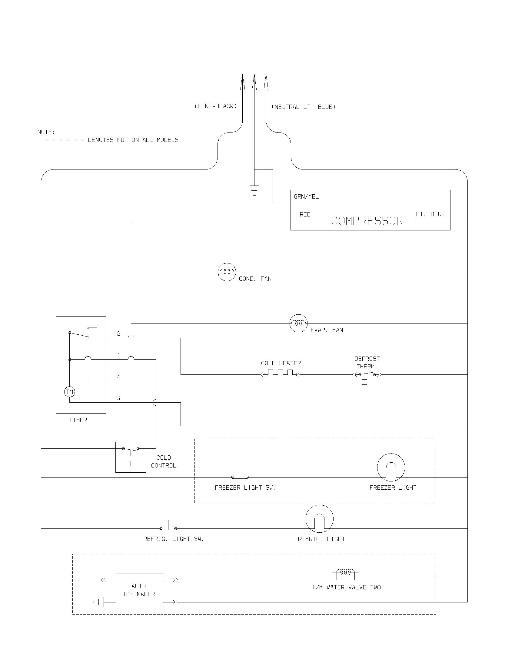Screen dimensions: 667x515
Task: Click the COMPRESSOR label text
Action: [367, 221]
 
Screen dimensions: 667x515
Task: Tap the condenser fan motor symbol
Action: [227, 272]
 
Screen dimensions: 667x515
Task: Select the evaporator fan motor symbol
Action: [298, 323]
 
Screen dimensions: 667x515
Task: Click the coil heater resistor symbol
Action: [281, 373]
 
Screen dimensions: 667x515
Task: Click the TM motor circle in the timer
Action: [70, 392]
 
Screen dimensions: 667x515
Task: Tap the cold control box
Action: [131, 457]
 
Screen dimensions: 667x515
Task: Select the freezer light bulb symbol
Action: [391, 467]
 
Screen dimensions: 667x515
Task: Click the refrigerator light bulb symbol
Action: [319, 518]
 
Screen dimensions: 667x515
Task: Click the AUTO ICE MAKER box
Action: [139, 591]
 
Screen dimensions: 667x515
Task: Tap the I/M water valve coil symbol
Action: [345, 572]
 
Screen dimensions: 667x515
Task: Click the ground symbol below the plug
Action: [254, 190]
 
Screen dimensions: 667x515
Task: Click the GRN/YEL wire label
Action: [306, 197]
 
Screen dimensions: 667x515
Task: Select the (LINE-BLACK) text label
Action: [216, 106]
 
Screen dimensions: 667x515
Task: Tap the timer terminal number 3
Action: [119, 398]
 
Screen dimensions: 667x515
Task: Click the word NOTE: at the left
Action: [46, 132]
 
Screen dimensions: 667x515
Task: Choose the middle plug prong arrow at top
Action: [254, 82]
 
